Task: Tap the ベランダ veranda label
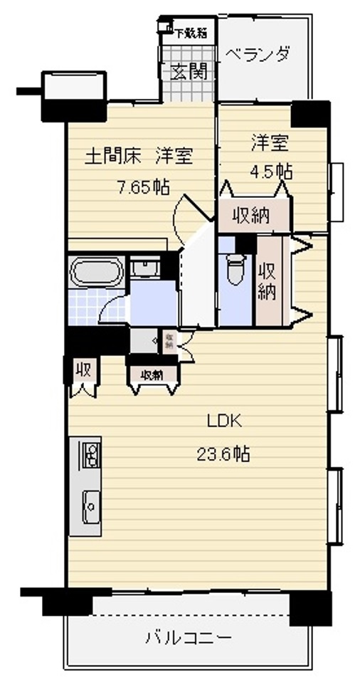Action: tap(258, 54)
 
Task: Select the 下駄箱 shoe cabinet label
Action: tap(191, 31)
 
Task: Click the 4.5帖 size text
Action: tap(271, 171)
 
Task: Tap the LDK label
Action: tap(224, 420)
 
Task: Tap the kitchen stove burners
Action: tap(90, 455)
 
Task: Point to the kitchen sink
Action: tap(90, 505)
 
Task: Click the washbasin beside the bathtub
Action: tap(145, 269)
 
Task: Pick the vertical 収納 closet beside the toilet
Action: tap(268, 280)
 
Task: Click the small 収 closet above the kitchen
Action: tap(83, 371)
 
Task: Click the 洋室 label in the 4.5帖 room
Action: tap(270, 142)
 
